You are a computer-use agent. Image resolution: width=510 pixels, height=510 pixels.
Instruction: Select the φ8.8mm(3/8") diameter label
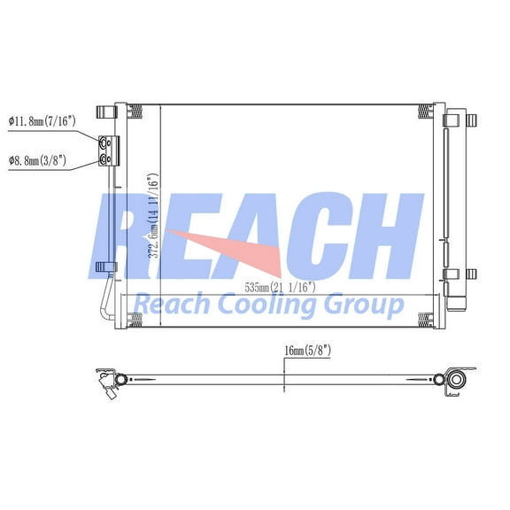(41, 160)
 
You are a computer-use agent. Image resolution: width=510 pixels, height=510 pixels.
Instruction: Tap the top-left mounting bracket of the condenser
(107, 112)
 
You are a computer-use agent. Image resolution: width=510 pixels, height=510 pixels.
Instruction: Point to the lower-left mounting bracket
(104, 266)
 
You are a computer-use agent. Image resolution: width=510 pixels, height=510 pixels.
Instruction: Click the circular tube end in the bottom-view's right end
(455, 381)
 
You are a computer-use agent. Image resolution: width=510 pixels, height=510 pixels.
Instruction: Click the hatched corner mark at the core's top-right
(426, 111)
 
